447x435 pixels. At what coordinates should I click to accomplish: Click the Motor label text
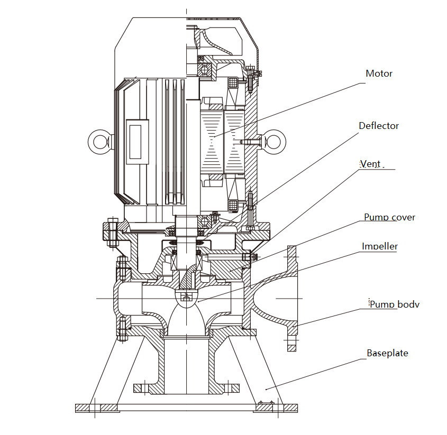[379, 73]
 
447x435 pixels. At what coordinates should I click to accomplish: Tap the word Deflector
[379, 126]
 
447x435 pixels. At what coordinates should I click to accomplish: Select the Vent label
[370, 164]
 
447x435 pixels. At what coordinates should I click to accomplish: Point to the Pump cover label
[389, 217]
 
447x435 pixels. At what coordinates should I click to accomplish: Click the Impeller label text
[380, 246]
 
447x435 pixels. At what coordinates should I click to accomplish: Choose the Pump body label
[394, 304]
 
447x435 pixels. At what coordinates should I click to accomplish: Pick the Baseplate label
[387, 353]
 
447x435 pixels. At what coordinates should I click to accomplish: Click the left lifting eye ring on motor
[98, 142]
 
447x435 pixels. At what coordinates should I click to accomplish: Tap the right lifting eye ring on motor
[276, 141]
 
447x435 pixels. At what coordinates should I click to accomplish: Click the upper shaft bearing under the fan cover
[204, 68]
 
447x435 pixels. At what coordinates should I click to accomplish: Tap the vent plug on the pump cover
[248, 257]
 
